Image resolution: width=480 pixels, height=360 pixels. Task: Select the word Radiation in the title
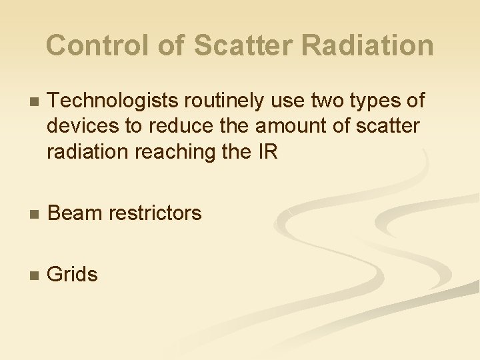[x=368, y=45]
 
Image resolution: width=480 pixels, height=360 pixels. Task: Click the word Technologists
[x=113, y=101]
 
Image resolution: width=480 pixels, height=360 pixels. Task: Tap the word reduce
[x=181, y=127]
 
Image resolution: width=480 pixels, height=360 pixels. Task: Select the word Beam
[x=74, y=213]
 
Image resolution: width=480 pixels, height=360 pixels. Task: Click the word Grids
[x=73, y=274]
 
